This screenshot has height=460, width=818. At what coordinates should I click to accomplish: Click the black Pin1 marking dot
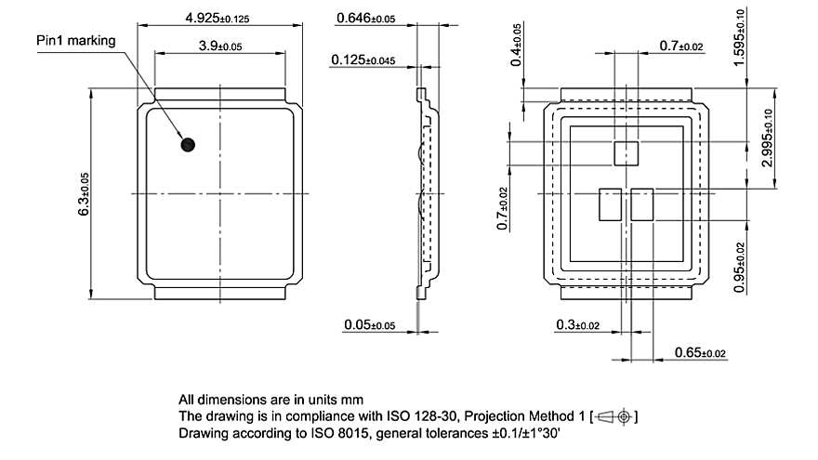pyautogui.click(x=188, y=144)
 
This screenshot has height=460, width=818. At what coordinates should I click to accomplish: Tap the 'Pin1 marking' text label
pyautogui.click(x=75, y=40)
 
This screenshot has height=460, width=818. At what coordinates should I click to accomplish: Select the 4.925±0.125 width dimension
pyautogui.click(x=218, y=18)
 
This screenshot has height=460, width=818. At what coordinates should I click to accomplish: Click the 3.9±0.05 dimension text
pyautogui.click(x=220, y=46)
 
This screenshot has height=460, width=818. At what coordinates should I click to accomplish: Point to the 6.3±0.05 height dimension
pyautogui.click(x=84, y=194)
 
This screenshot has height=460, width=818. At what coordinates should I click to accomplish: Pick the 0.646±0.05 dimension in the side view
pyautogui.click(x=365, y=18)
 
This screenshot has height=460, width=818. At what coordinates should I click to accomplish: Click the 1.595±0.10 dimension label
pyautogui.click(x=764, y=36)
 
